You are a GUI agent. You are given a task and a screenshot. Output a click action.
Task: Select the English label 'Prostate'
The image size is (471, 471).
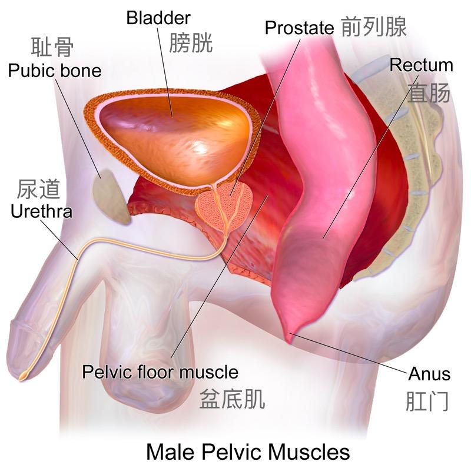point(299,27)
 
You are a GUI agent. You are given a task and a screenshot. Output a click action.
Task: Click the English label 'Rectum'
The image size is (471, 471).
point(421,65)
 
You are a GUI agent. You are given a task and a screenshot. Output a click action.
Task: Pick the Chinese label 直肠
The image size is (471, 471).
point(429,92)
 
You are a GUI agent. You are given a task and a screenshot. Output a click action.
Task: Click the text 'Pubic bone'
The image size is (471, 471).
point(55,71)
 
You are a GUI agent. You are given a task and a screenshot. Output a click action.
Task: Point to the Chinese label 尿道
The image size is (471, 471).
point(39,188)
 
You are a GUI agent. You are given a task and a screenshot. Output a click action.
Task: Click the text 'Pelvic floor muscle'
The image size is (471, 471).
point(160,372)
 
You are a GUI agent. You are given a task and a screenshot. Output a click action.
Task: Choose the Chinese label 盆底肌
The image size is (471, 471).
point(232,399)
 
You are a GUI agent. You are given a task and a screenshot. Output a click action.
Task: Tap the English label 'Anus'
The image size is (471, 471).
point(429,373)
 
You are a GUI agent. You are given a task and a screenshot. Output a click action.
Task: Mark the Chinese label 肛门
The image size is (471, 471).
point(427,400)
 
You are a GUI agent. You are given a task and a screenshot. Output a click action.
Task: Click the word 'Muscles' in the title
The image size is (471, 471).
point(306,452)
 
